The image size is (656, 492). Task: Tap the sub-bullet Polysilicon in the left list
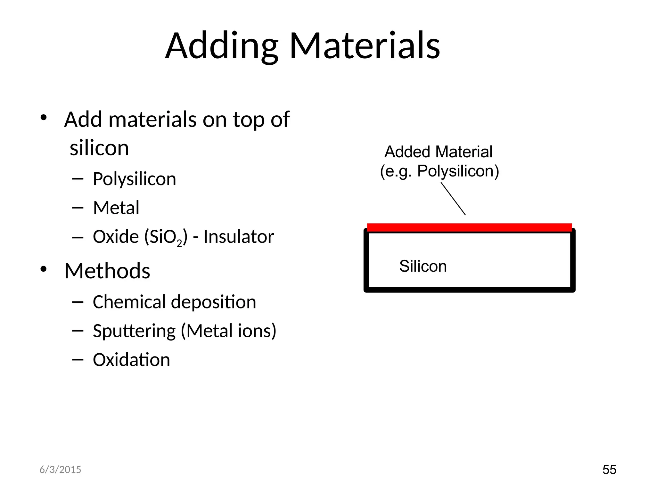pos(134,179)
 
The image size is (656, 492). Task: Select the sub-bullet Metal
pos(116,208)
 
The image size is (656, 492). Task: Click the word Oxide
pos(116,237)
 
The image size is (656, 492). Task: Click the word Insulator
pos(239,237)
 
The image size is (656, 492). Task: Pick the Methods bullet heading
pos(107,271)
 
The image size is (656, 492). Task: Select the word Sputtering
pos(134,331)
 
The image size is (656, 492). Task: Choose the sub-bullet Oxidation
pos(131,360)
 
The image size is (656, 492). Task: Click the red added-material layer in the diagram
pos(469,227)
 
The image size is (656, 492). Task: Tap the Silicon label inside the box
pos(423,266)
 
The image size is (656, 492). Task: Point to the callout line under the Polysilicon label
pos(453,199)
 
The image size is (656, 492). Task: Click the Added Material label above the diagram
pos(438,152)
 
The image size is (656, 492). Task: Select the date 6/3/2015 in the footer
pos(60,470)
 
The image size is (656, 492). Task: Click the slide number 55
pos(609,470)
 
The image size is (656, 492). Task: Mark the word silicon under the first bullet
pos(99,148)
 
